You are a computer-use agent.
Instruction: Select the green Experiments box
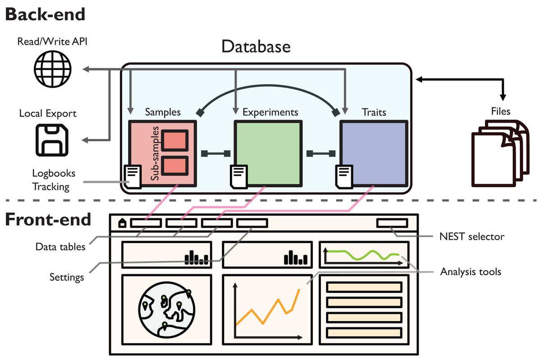click(x=267, y=152)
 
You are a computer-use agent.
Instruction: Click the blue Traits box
click(x=374, y=152)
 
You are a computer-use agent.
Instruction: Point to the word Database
click(x=256, y=46)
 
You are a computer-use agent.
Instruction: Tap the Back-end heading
click(x=45, y=14)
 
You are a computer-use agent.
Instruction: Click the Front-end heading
click(x=48, y=219)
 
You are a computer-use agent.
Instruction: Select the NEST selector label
click(x=472, y=236)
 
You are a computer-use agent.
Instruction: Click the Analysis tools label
click(x=471, y=272)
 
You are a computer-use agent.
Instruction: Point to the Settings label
click(x=67, y=277)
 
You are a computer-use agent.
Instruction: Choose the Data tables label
click(x=60, y=247)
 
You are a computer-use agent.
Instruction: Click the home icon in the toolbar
click(x=122, y=223)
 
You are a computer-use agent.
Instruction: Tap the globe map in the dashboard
click(x=167, y=312)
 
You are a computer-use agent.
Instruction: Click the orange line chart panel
click(x=267, y=312)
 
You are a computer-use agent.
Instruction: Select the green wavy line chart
click(x=363, y=255)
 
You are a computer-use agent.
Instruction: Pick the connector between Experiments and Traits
click(x=321, y=153)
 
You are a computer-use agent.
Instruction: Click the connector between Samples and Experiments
click(x=215, y=153)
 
